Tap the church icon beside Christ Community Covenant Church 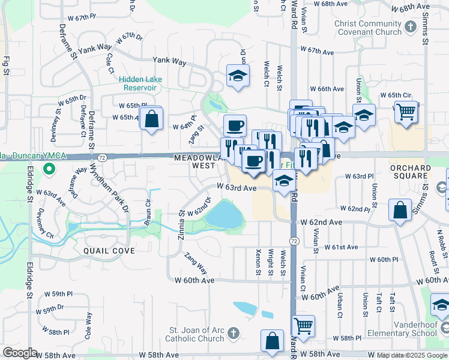pyautogui.click(x=411, y=26)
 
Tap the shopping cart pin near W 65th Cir pyautogui.click(x=406, y=112)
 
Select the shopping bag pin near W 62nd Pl pyautogui.click(x=400, y=210)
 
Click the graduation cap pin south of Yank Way pyautogui.click(x=238, y=76)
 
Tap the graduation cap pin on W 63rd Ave pyautogui.click(x=284, y=180)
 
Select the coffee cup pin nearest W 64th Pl pyautogui.click(x=235, y=125)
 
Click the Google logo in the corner pyautogui.click(x=20, y=353)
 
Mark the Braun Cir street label pyautogui.click(x=147, y=211)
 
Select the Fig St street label pyautogui.click(x=7, y=65)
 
